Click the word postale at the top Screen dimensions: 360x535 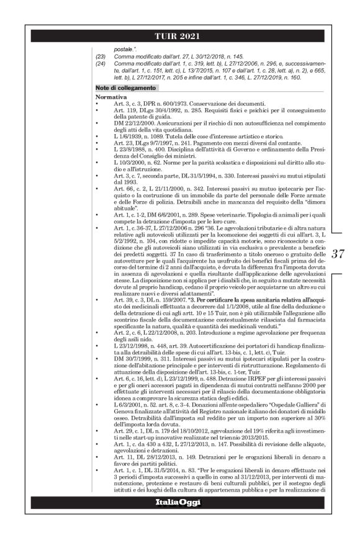pos(125,48)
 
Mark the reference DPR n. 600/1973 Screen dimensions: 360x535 pos(155,103)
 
